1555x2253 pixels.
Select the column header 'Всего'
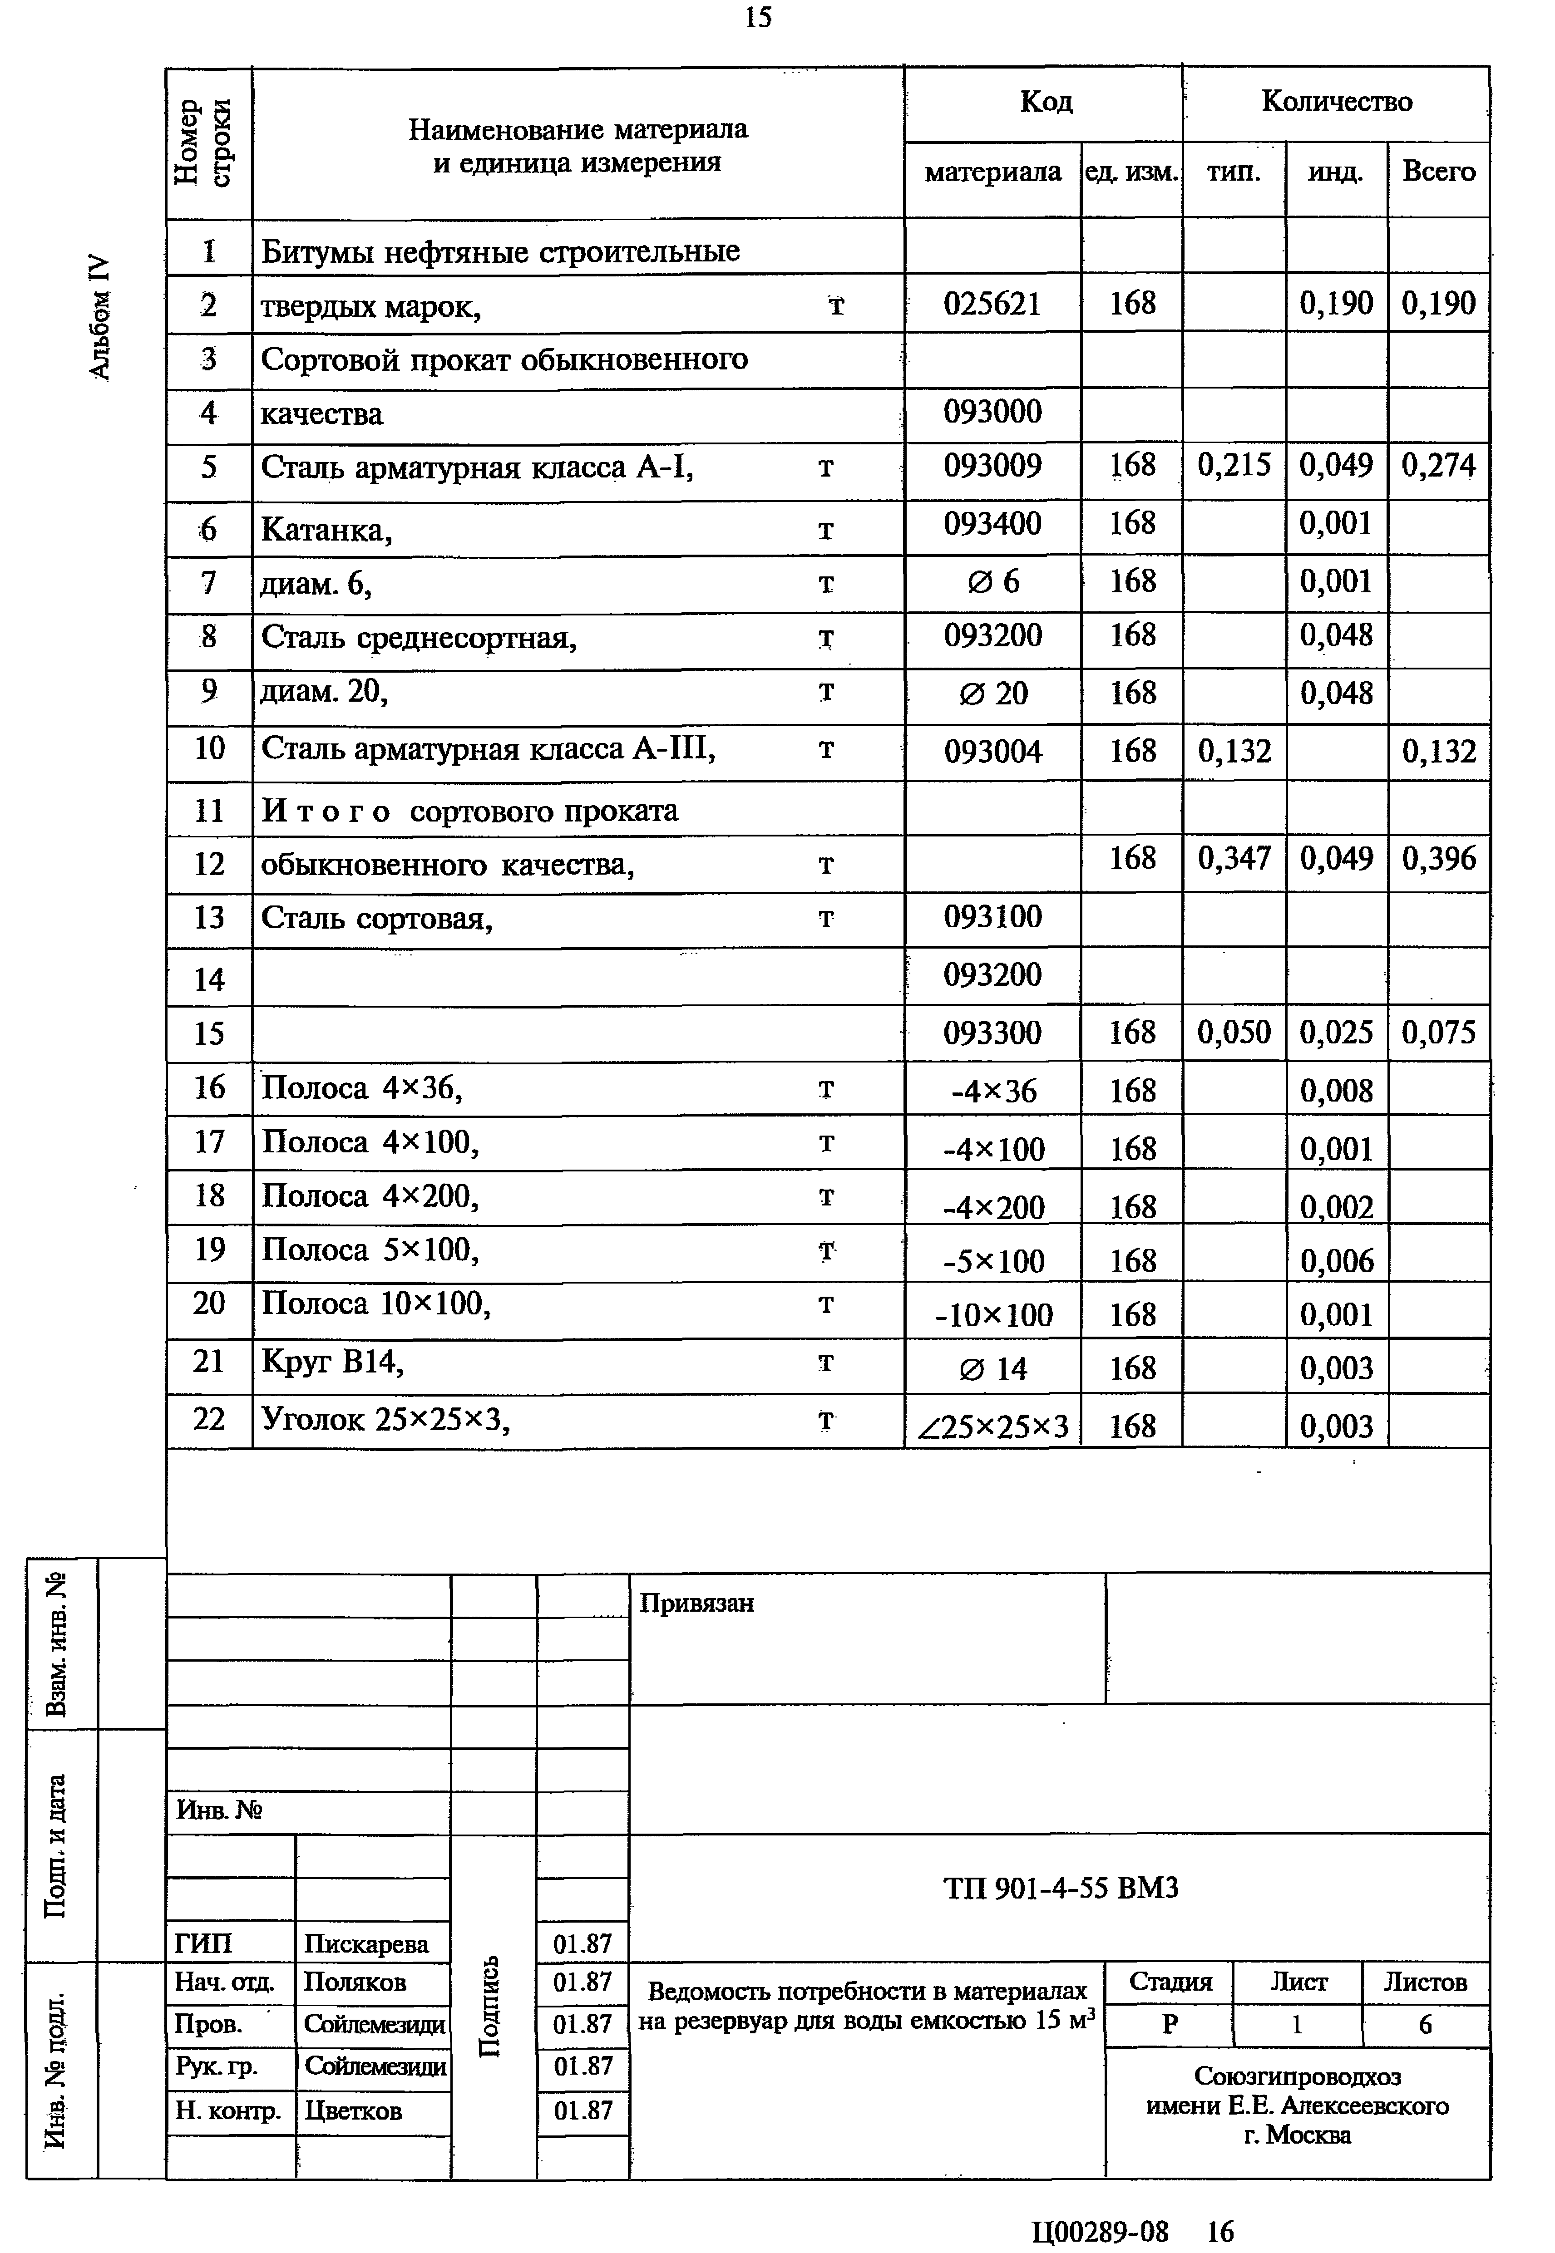point(1438,172)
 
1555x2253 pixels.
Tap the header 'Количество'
point(1336,101)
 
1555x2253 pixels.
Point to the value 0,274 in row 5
point(1438,466)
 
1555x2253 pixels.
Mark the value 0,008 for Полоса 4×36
point(1336,1091)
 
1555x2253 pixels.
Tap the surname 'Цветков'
point(353,2111)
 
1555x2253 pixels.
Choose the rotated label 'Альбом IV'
point(100,315)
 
